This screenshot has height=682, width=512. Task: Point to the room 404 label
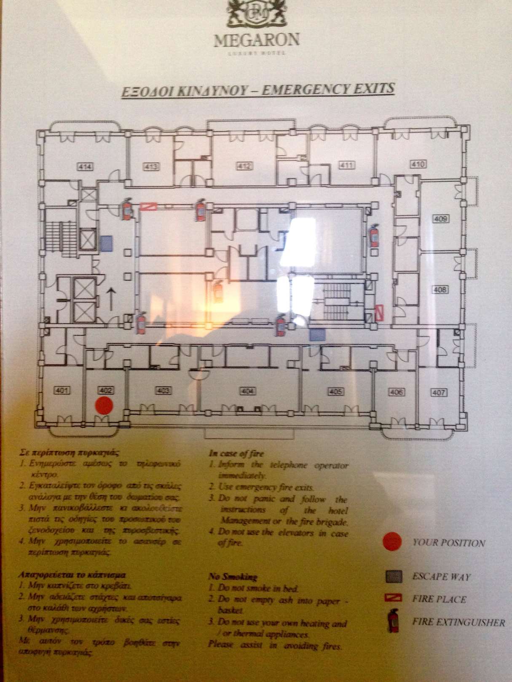click(248, 391)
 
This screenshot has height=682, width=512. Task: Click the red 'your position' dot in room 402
click(104, 405)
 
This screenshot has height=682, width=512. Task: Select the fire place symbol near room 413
click(148, 206)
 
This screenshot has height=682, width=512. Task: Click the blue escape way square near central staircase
click(317, 335)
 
